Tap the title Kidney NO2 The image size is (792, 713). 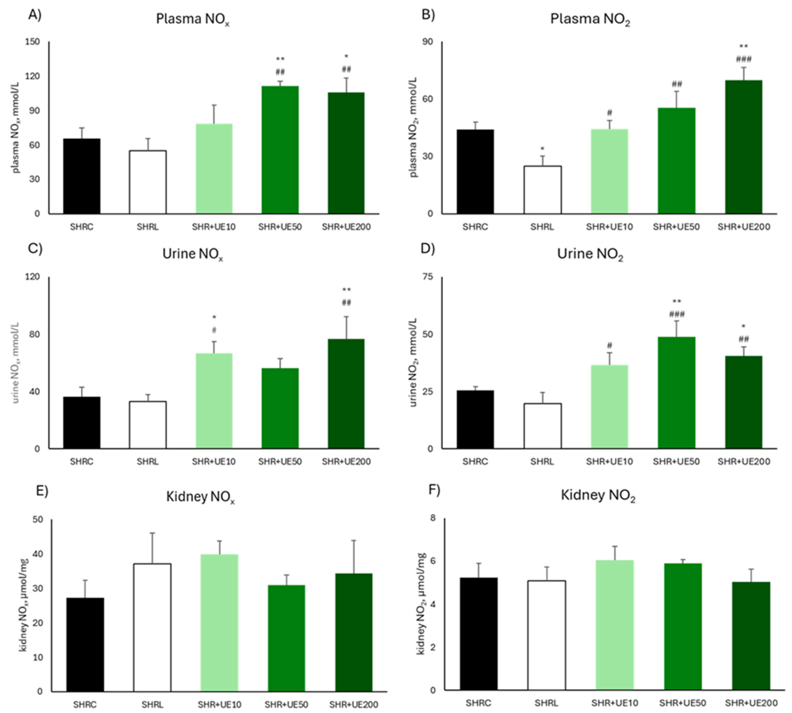pos(598,496)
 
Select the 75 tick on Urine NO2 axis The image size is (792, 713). pos(428,277)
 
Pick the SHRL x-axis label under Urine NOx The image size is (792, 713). pos(147,461)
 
